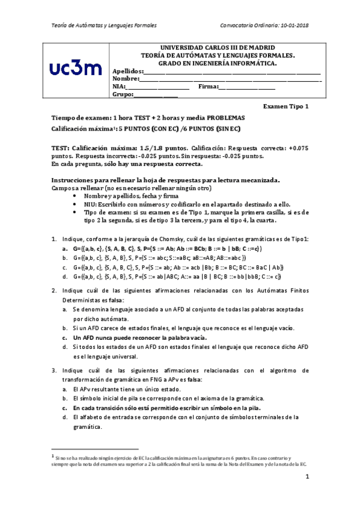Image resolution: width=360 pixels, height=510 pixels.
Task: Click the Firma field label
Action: pyautogui.click(x=207, y=87)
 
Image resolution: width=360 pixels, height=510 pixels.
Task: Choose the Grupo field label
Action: pyautogui.click(x=122, y=94)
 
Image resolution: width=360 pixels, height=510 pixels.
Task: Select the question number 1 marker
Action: pyautogui.click(x=54, y=239)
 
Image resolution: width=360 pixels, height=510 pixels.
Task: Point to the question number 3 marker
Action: pyautogui.click(x=54, y=370)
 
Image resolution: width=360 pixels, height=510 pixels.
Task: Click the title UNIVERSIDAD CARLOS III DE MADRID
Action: pyautogui.click(x=218, y=47)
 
